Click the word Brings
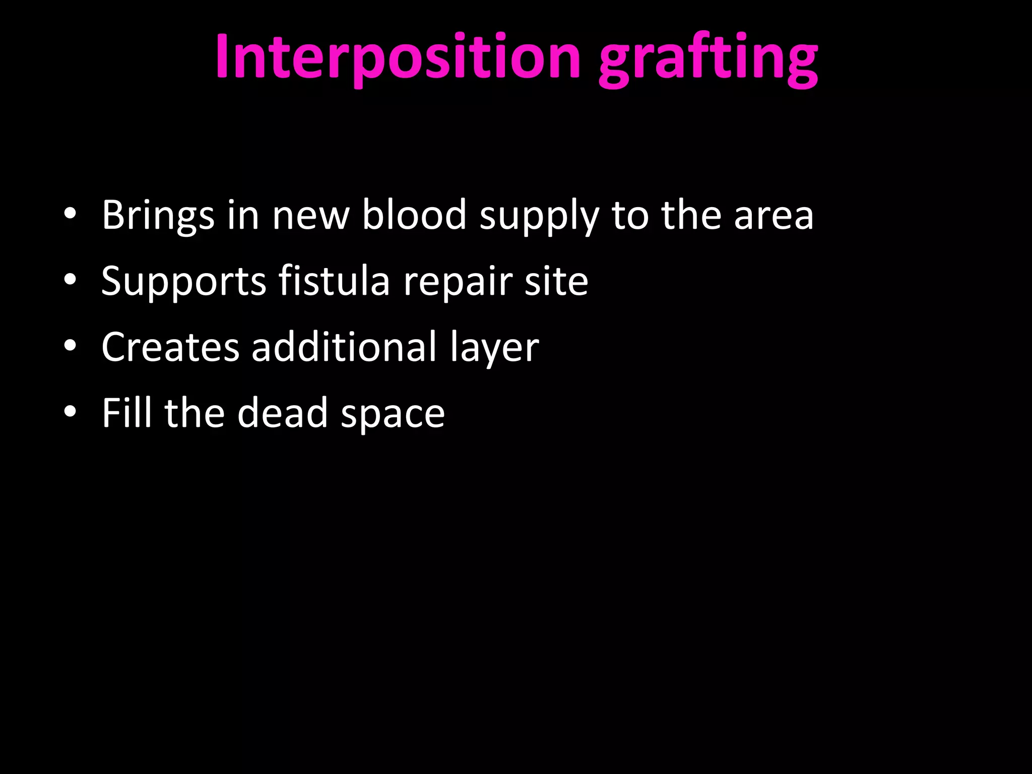click(x=158, y=216)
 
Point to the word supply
click(x=539, y=217)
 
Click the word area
click(x=773, y=216)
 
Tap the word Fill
click(x=126, y=413)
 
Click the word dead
click(x=283, y=413)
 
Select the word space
click(x=393, y=414)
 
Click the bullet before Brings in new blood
click(x=70, y=214)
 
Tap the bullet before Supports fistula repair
click(x=70, y=280)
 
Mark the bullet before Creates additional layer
click(x=70, y=346)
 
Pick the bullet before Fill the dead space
click(x=70, y=412)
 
